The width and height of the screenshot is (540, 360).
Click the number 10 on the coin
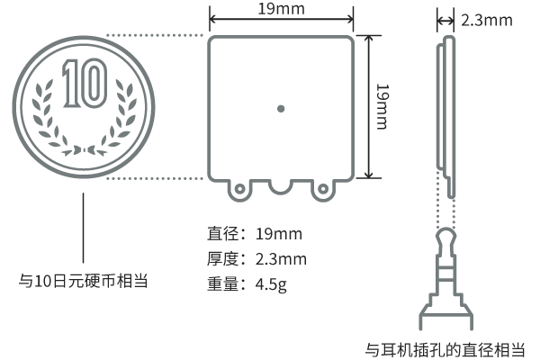tap(84, 83)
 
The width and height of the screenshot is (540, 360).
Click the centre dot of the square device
tap(281, 109)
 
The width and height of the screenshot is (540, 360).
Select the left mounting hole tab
tap(240, 190)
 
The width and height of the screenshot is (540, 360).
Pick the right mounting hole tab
tap(322, 190)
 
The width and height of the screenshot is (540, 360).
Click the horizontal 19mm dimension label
tap(280, 10)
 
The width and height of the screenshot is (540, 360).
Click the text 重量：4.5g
tap(247, 285)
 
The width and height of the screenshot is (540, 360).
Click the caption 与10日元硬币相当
tap(84, 281)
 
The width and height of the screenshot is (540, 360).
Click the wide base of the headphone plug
tap(445, 315)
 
